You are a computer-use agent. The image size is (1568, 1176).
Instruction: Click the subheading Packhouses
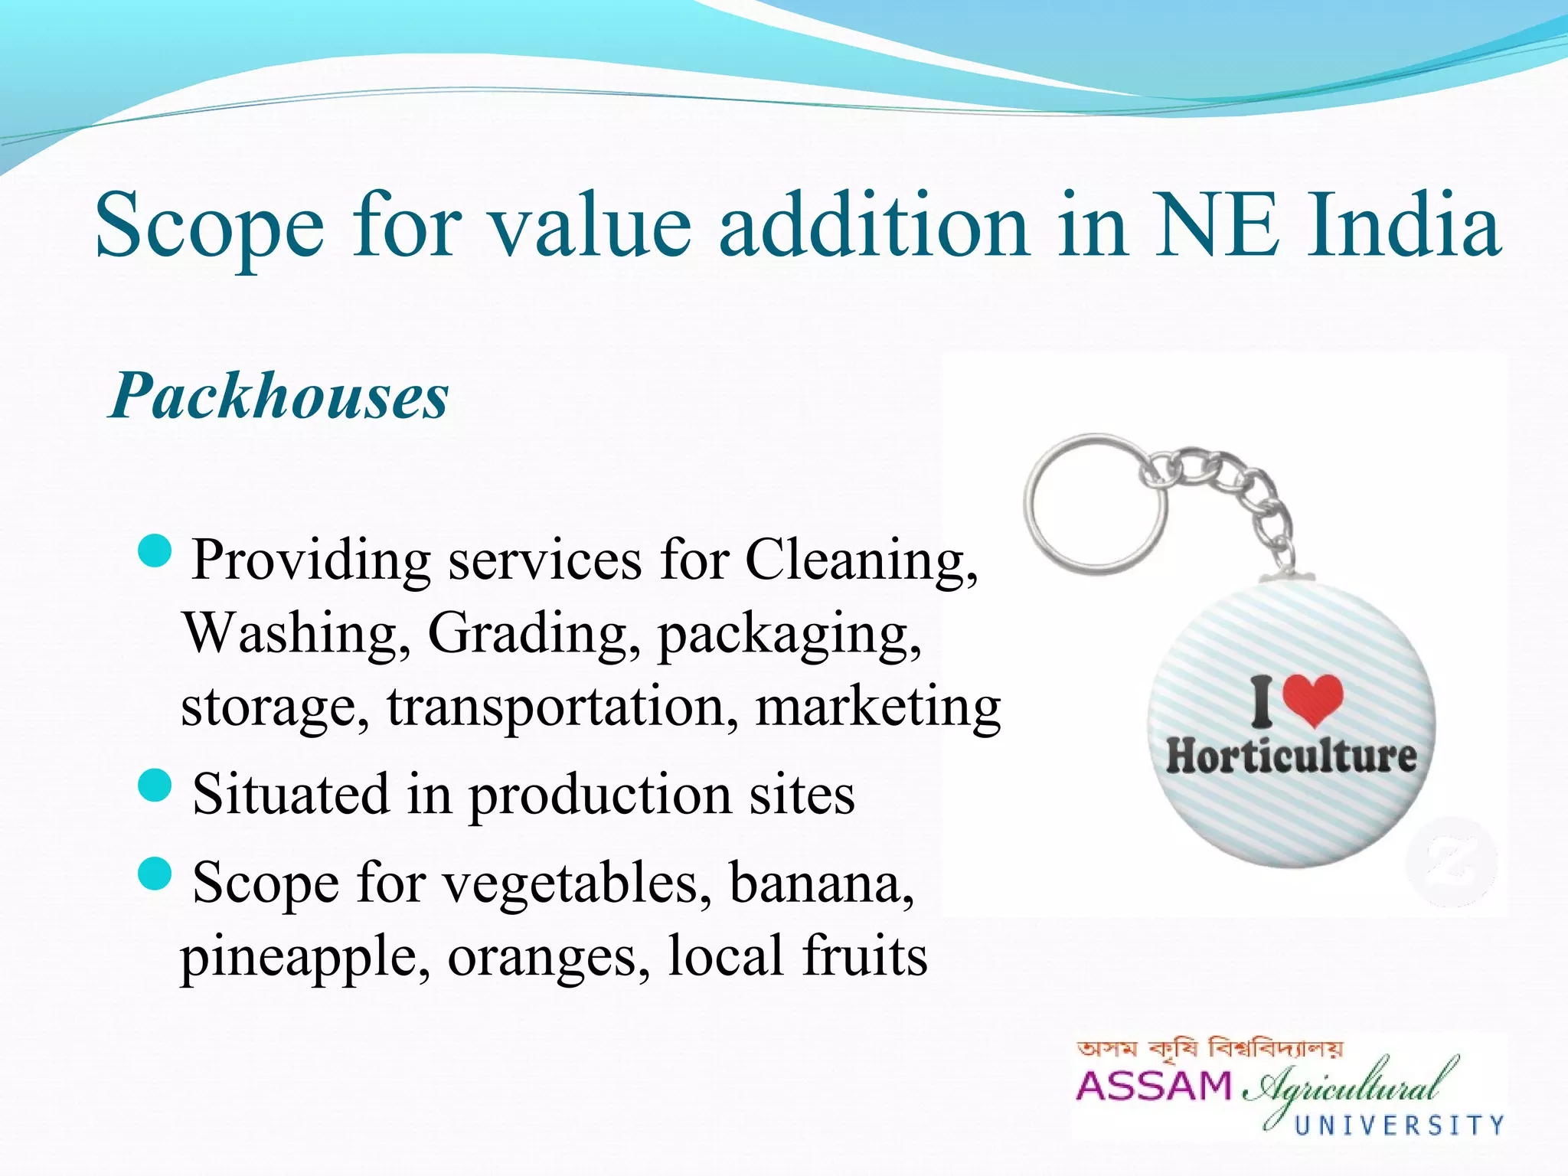(279, 396)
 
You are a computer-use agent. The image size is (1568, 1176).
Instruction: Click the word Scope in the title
(209, 226)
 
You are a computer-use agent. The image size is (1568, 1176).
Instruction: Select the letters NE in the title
(1217, 226)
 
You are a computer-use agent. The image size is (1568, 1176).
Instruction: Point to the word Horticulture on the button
(1291, 756)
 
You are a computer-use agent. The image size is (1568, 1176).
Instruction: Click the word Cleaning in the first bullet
(861, 560)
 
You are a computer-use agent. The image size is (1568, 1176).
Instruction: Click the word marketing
(878, 707)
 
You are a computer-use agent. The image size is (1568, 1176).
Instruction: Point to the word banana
(821, 883)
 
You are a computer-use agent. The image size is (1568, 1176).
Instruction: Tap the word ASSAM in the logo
(1154, 1086)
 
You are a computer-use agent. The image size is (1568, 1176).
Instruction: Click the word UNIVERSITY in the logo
(1399, 1125)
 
